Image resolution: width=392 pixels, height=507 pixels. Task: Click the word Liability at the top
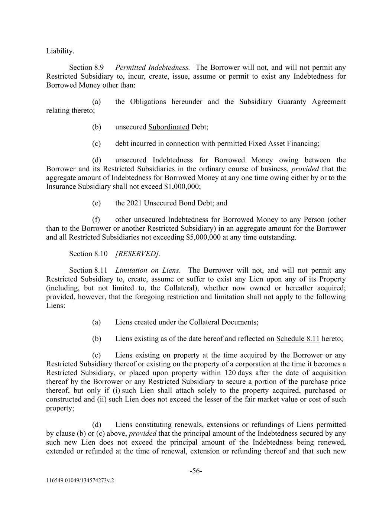click(60, 51)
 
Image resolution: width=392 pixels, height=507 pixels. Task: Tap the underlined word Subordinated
click(169, 127)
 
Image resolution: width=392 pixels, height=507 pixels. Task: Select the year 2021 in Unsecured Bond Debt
click(134, 203)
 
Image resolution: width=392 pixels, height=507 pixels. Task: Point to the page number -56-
click(196, 471)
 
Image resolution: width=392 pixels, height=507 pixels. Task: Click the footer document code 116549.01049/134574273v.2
click(80, 480)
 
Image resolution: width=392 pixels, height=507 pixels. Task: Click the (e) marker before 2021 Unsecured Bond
click(97, 203)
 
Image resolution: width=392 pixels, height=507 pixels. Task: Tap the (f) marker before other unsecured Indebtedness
click(96, 220)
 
